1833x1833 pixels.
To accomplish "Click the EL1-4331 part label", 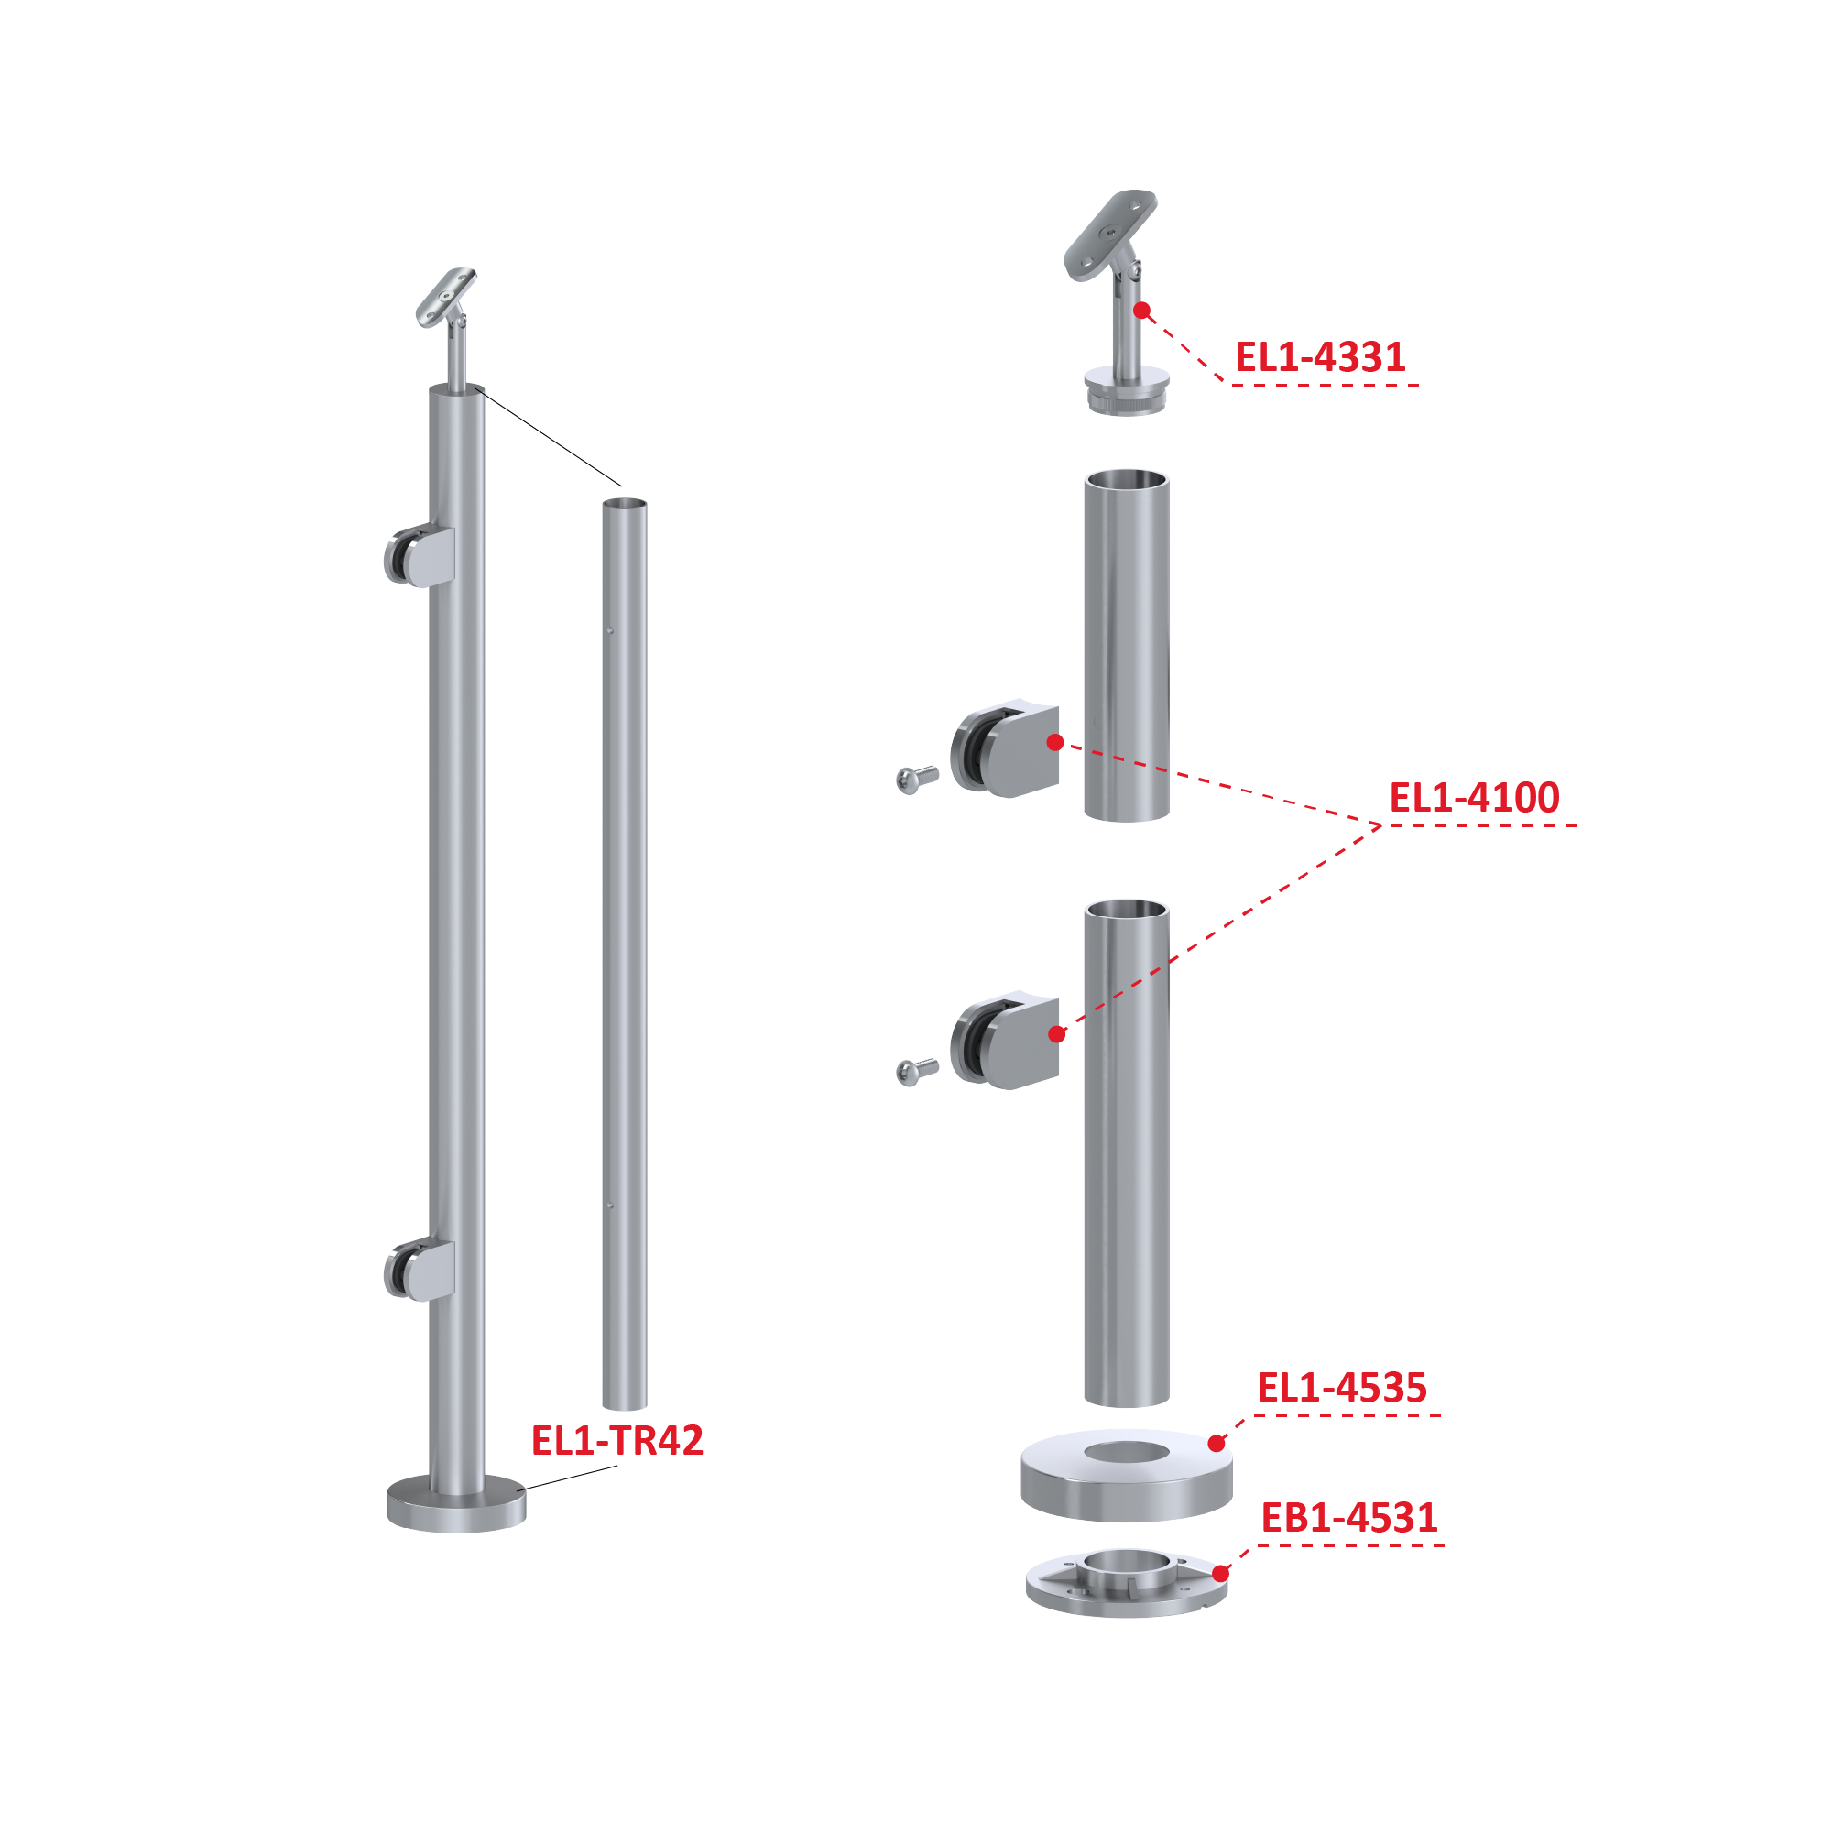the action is click(1320, 357).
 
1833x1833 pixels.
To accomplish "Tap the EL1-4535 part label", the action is click(1341, 1388).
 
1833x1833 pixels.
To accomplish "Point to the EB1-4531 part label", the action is click(1349, 1518).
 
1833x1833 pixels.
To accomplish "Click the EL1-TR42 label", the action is click(616, 1440).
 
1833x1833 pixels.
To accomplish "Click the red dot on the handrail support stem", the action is click(1142, 311).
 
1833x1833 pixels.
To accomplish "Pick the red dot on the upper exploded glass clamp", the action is click(1055, 743).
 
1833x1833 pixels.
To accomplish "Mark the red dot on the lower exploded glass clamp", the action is click(1057, 1034).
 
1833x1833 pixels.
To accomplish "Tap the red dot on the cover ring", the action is click(1217, 1444).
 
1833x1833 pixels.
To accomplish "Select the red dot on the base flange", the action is click(1221, 1573).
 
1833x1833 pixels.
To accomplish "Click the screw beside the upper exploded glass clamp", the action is click(916, 780).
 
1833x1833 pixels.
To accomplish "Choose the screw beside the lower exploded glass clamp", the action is click(916, 1071).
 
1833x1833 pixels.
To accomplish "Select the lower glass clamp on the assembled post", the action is click(420, 1271).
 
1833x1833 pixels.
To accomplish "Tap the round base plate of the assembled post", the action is click(456, 1505).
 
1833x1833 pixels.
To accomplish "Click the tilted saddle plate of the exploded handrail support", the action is click(1110, 235).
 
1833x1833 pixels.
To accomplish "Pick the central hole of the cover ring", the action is click(1126, 1452).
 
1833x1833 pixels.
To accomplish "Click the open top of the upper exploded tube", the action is click(1126, 479).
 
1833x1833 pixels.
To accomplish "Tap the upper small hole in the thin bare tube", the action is click(610, 631).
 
